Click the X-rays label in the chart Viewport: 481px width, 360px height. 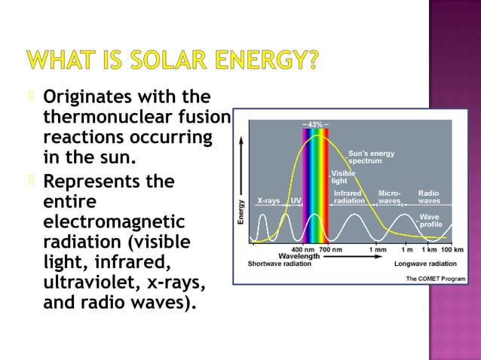pyautogui.click(x=269, y=201)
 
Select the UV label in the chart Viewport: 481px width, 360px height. pyautogui.click(x=296, y=201)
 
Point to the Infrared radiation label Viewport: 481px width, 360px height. pyautogui.click(x=349, y=197)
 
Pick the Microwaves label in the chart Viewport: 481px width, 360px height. pyautogui.click(x=389, y=197)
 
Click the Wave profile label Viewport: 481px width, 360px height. pyautogui.click(x=430, y=221)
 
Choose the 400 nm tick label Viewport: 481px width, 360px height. pyautogui.click(x=303, y=249)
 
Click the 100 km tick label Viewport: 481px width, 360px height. pyautogui.click(x=452, y=249)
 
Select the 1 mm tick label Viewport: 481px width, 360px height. pyautogui.click(x=378, y=249)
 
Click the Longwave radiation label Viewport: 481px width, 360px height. pyautogui.click(x=425, y=264)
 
